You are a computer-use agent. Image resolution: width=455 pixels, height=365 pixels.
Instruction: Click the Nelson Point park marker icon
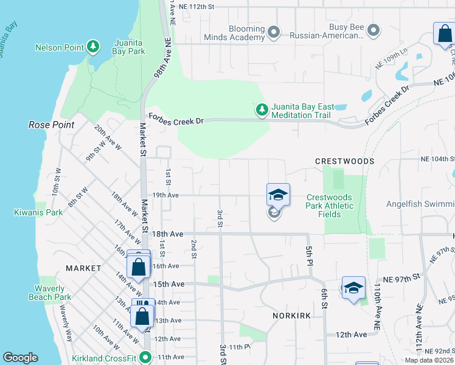[x=93, y=46]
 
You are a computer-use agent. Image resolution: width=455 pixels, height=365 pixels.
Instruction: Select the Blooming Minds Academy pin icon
[x=273, y=32]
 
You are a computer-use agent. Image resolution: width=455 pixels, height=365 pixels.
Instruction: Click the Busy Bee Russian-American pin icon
[x=373, y=29]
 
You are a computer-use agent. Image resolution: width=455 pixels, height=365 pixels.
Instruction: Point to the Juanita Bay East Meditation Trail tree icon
[x=262, y=109]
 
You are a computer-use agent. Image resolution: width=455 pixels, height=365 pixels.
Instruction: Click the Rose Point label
[x=51, y=125]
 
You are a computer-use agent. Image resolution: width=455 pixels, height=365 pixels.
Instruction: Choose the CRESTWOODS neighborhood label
[x=344, y=161]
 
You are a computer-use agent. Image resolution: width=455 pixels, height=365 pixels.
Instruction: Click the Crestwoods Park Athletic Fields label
[x=330, y=206]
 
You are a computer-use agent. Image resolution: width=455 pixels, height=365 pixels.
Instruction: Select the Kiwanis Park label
[x=38, y=213]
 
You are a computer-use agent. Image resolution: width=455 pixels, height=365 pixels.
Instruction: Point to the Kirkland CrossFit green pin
[x=145, y=357]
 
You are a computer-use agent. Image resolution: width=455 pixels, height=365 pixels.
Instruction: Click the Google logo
[x=20, y=358]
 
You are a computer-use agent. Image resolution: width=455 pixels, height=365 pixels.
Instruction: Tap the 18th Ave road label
[x=167, y=234]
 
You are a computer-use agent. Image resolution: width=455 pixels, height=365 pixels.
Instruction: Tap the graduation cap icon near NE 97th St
[x=353, y=287]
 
